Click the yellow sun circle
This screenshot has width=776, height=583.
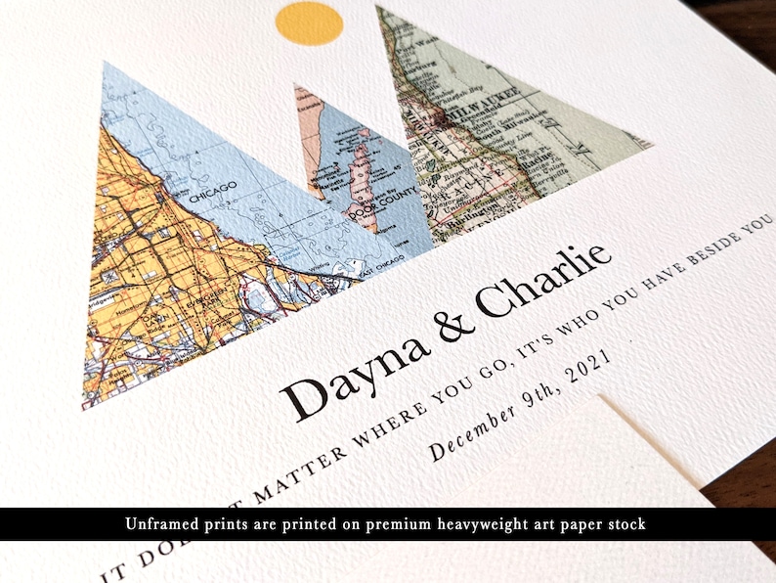310,23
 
